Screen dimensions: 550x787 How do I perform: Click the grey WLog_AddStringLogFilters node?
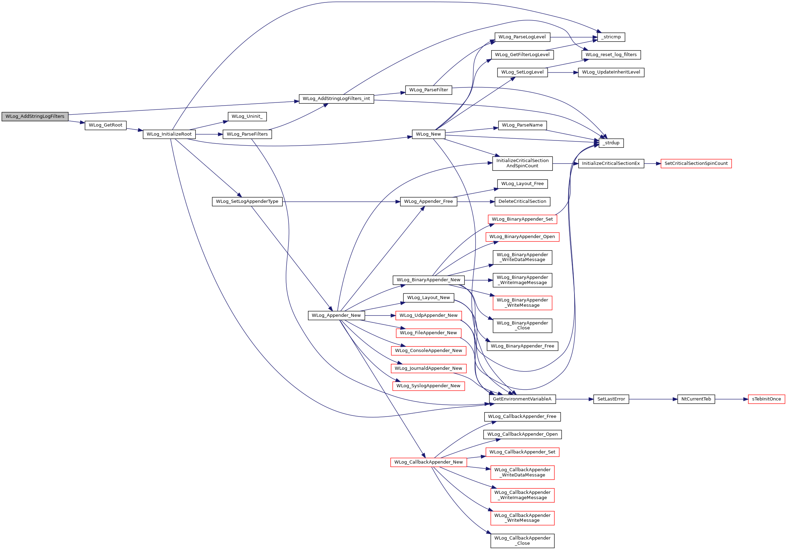[35, 116]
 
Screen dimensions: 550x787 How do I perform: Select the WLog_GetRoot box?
[105, 125]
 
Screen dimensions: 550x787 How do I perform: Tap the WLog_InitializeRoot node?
[169, 134]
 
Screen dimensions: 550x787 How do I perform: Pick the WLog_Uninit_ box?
[247, 116]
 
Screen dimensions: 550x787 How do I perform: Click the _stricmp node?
[611, 37]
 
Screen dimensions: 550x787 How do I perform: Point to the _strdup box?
[611, 143]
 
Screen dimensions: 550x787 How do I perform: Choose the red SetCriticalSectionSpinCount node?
[696, 163]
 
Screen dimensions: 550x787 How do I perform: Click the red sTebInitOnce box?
[766, 399]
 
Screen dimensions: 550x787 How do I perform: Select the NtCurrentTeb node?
[696, 399]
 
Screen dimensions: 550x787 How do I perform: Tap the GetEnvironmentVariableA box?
[522, 399]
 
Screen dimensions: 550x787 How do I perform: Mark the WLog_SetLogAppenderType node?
[247, 201]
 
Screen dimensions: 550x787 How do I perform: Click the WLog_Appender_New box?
[336, 315]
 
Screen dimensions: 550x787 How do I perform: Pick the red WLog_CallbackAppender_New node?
[428, 462]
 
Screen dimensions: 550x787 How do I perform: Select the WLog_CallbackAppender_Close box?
[522, 541]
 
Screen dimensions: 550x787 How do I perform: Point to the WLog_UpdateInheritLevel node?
[611, 72]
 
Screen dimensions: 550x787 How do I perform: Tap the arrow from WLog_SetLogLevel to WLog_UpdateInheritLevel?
[563, 72]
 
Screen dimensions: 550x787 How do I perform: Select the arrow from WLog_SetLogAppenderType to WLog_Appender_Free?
[341, 202]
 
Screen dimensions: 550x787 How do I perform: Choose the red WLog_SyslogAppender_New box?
[428, 386]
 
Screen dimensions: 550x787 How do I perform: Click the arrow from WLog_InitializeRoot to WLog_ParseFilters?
[209, 134]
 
